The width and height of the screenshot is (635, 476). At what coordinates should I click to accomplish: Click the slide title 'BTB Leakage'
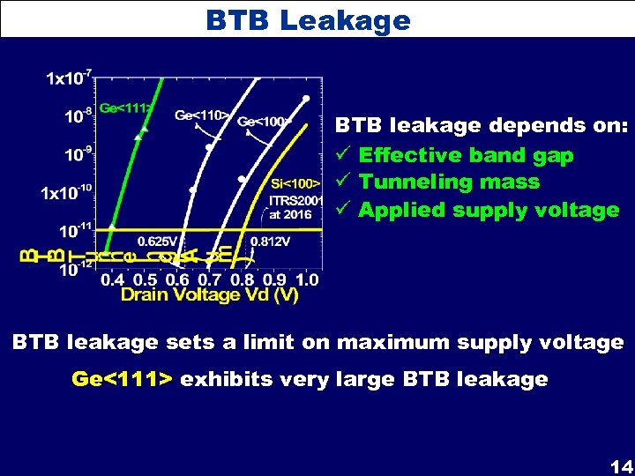tap(308, 19)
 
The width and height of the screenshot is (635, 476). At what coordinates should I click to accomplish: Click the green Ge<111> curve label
tap(126, 108)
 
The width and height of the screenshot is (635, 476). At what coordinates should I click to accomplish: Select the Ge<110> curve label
tap(202, 115)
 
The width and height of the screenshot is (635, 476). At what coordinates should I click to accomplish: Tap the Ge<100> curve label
tap(264, 122)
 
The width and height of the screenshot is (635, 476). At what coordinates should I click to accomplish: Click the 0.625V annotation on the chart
tap(156, 240)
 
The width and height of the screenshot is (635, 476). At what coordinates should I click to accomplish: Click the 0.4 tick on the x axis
tap(113, 279)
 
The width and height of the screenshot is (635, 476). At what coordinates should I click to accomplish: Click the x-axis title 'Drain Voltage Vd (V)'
tap(209, 295)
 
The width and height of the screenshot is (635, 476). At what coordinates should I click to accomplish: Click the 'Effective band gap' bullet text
tap(466, 155)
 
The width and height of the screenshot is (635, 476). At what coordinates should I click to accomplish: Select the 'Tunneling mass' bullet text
tap(449, 182)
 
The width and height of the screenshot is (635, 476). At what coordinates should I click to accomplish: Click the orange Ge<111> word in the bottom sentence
tap(123, 380)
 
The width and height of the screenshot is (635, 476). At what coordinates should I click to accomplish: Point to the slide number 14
tap(620, 465)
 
